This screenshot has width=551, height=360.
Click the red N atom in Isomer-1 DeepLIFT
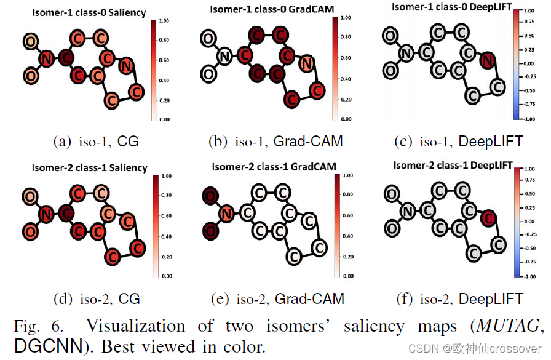coord(487,60)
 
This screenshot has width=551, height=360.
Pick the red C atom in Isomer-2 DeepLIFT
coord(487,216)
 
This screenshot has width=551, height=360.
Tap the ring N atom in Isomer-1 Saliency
coord(125,65)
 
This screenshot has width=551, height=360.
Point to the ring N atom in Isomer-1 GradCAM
coord(306,63)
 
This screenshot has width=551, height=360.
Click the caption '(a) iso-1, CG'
coord(97,142)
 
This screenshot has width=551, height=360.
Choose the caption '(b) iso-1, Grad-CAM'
coord(275,142)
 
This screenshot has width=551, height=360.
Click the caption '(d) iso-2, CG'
coord(97,299)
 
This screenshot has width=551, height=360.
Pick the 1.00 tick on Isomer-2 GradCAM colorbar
coord(347,176)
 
